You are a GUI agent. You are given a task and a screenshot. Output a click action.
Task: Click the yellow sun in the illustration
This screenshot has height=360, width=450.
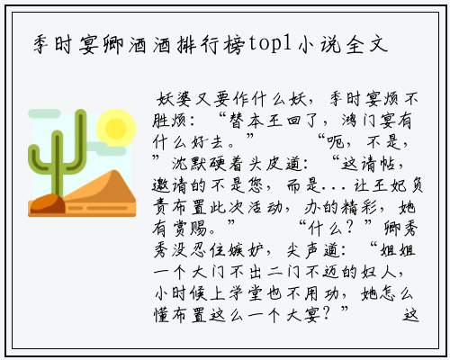[x=116, y=128]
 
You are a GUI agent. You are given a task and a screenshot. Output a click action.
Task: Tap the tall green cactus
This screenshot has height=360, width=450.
[x=57, y=152]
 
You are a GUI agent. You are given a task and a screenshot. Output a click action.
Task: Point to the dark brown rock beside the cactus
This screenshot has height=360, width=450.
[x=47, y=203]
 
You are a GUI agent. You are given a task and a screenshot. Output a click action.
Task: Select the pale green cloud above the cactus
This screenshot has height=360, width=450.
[x=44, y=113]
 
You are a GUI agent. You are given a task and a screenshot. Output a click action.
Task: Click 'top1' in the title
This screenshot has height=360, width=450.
[x=270, y=44]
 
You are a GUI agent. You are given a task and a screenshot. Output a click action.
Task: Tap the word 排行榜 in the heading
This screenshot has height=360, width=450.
[x=211, y=44]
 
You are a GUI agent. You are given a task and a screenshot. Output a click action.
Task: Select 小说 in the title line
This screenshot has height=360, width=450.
[x=319, y=44]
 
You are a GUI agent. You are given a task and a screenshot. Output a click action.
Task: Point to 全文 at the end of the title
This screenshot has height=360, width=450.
[x=367, y=44]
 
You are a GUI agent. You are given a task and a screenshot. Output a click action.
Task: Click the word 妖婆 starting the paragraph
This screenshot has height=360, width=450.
[x=174, y=99]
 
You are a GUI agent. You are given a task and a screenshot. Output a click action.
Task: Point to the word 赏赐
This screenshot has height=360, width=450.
[x=190, y=229]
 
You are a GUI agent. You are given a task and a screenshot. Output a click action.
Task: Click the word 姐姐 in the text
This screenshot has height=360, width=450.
[x=398, y=250]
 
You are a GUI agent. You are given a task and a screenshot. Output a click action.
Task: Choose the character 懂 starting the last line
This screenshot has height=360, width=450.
[x=161, y=315]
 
